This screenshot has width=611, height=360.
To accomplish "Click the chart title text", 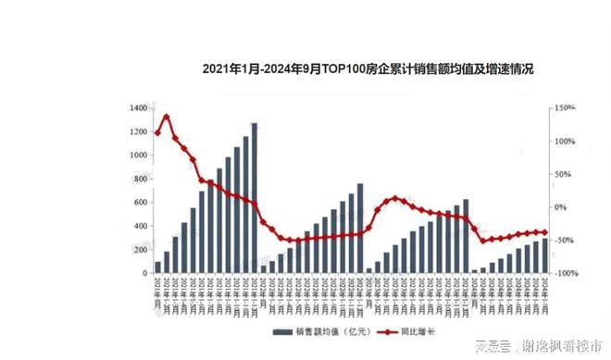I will [368, 69].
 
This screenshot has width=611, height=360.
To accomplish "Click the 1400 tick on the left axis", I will [137, 108].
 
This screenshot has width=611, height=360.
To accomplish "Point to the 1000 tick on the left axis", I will [137, 155].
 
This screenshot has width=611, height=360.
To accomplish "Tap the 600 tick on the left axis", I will [139, 203].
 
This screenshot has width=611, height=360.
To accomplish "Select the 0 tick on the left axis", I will [144, 274].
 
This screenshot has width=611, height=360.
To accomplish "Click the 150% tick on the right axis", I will [565, 108].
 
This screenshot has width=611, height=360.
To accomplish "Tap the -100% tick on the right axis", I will [565, 274].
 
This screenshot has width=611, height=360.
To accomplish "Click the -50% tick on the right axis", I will [565, 241].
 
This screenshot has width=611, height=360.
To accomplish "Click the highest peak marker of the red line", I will [167, 118].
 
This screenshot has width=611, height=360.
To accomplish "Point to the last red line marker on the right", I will [544, 232].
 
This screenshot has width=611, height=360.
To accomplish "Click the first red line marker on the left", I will [157, 133].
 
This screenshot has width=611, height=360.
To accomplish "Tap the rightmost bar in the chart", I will [544, 256].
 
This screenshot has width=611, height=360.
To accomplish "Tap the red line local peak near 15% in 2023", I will [396, 198].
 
